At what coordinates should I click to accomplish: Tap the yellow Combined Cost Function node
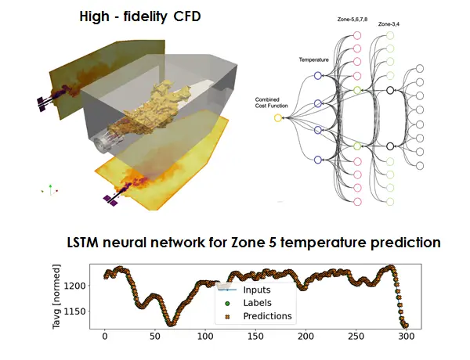(277, 117)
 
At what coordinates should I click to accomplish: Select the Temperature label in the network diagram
(313, 59)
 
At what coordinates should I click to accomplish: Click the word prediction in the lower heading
(402, 243)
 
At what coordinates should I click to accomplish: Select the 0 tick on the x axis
(105, 337)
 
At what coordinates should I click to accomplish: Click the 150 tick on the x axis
(255, 337)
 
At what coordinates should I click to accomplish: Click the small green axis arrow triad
(51, 189)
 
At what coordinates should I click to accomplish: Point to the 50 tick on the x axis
(155, 337)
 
